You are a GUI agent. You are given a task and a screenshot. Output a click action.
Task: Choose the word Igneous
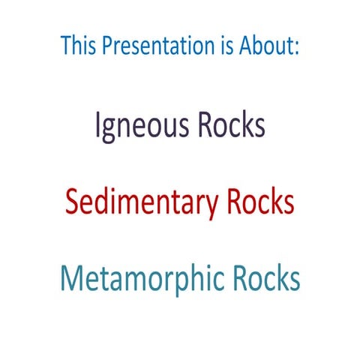click(142, 126)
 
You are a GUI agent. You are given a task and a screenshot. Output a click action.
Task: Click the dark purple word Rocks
click(232, 125)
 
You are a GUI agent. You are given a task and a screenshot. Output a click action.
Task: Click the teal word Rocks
click(265, 279)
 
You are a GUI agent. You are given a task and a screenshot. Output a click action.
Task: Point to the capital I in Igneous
click(97, 125)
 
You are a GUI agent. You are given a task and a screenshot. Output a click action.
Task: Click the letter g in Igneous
click(109, 129)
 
